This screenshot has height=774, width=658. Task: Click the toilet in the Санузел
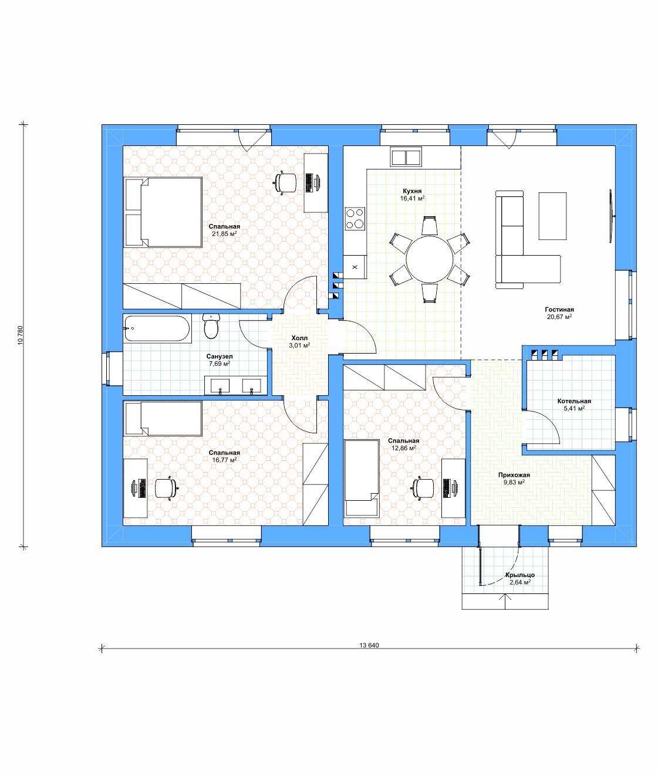click(x=211, y=326)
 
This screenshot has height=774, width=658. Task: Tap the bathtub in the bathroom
click(x=157, y=328)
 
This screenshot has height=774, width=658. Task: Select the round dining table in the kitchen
click(x=430, y=259)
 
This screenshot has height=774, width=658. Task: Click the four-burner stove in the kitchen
click(x=355, y=218)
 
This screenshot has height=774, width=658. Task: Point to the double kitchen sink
click(x=406, y=157)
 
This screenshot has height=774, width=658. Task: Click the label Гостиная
click(x=559, y=310)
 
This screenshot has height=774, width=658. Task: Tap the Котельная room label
click(x=574, y=401)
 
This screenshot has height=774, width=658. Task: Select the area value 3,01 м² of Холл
click(x=299, y=345)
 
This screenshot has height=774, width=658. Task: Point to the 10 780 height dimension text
click(x=20, y=335)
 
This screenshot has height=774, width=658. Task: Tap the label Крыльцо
click(x=519, y=575)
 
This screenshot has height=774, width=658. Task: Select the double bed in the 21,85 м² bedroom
click(x=163, y=212)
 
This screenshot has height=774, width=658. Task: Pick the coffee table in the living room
click(x=553, y=216)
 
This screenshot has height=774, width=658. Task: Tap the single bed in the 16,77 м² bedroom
click(x=163, y=419)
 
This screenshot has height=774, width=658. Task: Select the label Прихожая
click(x=514, y=475)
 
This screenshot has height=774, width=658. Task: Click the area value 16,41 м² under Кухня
click(x=412, y=198)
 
